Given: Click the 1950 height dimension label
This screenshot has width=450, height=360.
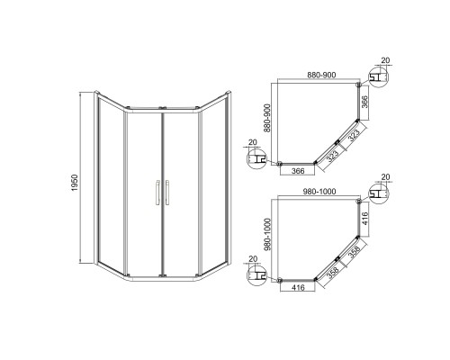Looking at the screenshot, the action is (75, 183).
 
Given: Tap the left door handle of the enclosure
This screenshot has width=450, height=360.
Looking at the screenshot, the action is (157, 193).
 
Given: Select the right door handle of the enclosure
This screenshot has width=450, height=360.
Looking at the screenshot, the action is (166, 193).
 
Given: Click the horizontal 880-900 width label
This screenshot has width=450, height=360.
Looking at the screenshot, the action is (321, 75).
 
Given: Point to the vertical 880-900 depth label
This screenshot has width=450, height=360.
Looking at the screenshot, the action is (267, 118).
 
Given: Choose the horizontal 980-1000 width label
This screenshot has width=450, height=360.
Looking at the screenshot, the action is (319, 191).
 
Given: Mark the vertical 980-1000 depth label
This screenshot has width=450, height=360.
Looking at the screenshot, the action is (267, 234).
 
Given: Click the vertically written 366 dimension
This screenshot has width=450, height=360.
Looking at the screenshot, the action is (364, 102).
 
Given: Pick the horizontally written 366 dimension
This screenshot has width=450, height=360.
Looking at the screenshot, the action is (298, 171).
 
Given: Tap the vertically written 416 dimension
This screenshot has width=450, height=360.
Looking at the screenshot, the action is (364, 219).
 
